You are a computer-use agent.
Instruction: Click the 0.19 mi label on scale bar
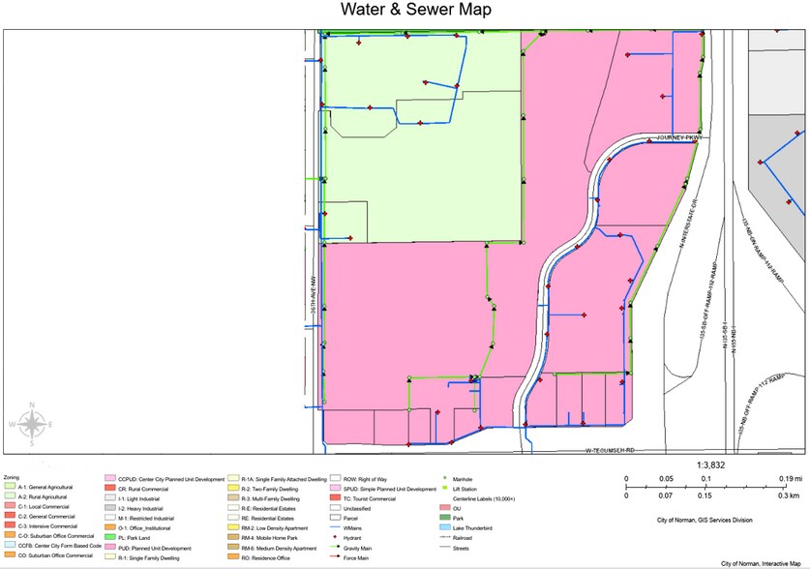tap(789, 479)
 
